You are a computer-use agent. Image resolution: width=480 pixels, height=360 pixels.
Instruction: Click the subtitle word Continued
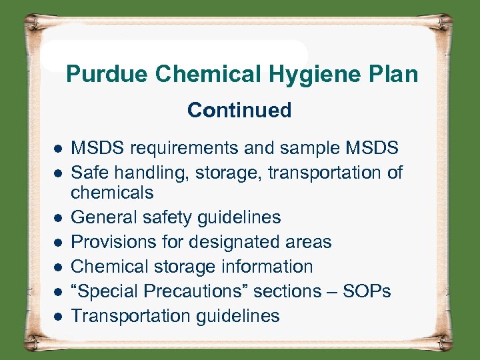239,110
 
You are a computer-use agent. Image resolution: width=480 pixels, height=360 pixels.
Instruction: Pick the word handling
140,173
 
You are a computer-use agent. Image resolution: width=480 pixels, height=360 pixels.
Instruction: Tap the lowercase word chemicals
112,193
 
